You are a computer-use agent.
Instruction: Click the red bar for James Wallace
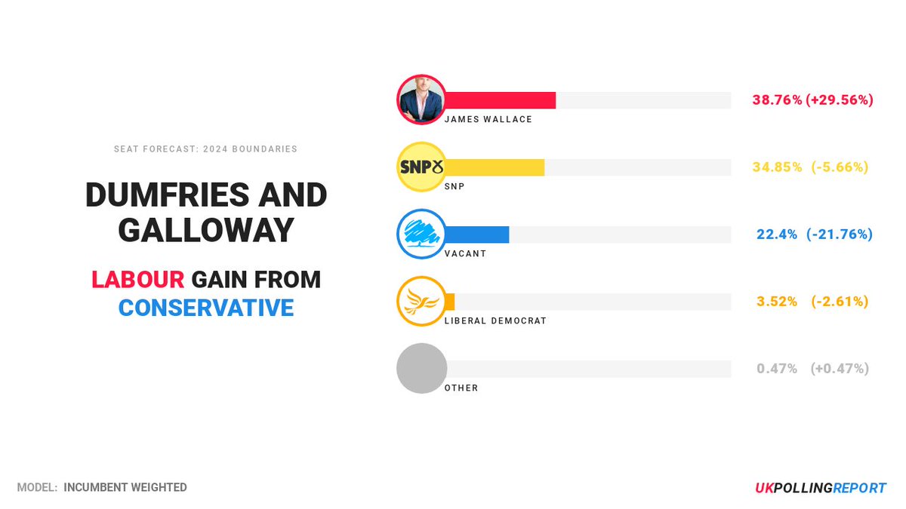501,100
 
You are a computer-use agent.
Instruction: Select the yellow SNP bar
495,167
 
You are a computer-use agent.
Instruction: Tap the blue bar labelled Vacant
478,235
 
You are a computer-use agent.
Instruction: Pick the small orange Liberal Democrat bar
450,302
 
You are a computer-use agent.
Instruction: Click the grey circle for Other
422,369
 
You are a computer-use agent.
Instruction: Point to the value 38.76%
777,100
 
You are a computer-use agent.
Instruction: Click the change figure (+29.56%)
840,100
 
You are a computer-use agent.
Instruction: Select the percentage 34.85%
777,167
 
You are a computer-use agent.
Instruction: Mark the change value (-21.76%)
840,234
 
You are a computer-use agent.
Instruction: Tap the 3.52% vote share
777,302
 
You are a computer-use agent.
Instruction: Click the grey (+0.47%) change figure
840,369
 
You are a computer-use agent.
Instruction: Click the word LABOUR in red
137,280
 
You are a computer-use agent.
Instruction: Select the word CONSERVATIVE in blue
206,307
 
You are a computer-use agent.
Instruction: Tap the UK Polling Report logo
821,488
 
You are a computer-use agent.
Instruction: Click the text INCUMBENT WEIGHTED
125,487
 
